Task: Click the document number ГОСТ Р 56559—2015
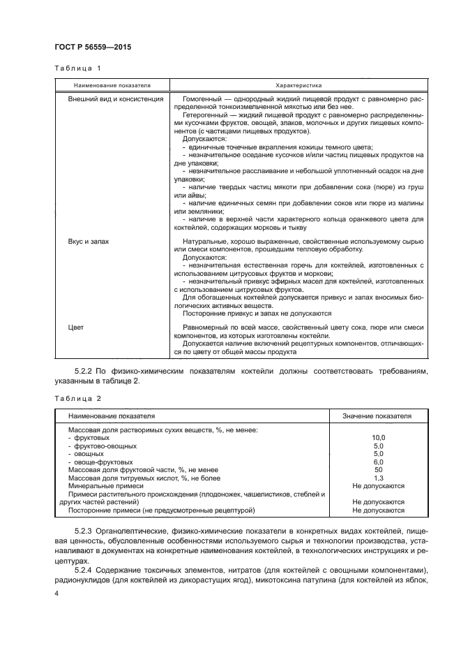(92, 47)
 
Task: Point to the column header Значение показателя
(377, 416)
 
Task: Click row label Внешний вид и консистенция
(115, 100)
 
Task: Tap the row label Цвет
(76, 327)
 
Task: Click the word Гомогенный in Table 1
(202, 100)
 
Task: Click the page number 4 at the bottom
(56, 594)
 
